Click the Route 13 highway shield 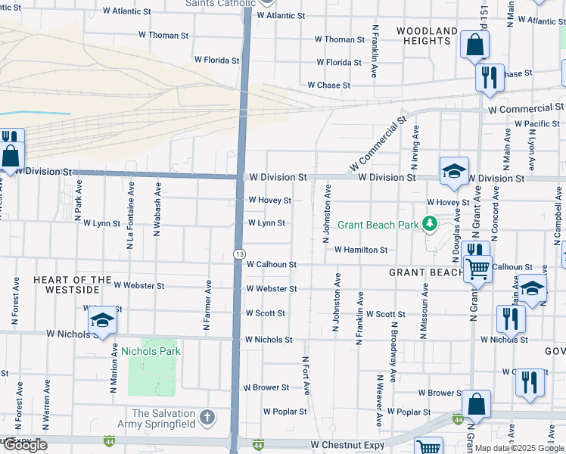[238, 253]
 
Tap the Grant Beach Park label [378, 225]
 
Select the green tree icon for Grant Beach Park [431, 223]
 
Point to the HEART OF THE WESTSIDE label [67, 285]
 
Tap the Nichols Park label [151, 351]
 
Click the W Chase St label [328, 86]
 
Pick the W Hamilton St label [360, 250]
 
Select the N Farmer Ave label [207, 306]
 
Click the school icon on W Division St [454, 172]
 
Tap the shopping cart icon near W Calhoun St [477, 267]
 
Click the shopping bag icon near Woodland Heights [474, 45]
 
